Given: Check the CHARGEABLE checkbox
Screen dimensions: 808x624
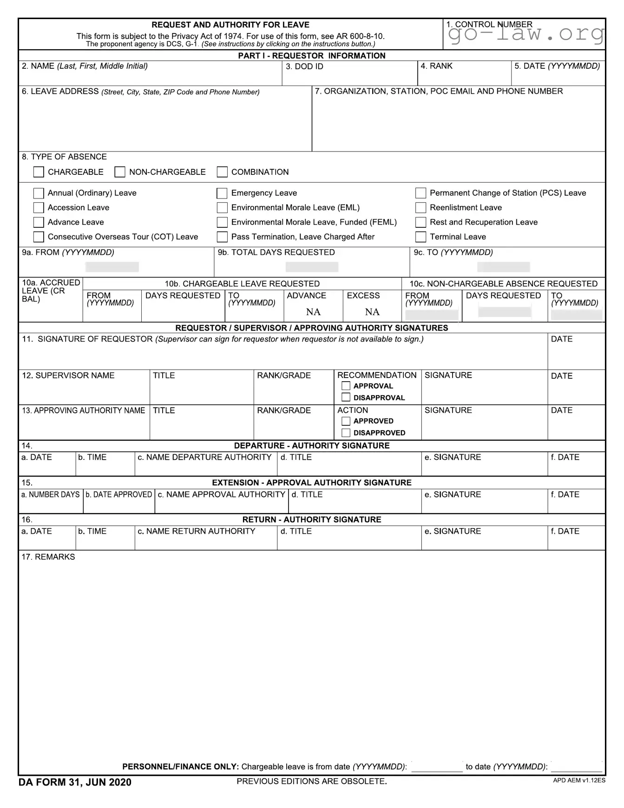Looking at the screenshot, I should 39,172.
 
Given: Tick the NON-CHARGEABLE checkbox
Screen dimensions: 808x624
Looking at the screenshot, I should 120,172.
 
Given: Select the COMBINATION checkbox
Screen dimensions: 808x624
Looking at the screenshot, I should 222,172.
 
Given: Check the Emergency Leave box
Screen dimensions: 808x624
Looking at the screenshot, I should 222,193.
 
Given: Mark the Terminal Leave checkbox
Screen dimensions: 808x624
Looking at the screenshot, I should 420,237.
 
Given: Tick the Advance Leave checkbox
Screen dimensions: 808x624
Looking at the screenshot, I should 39,222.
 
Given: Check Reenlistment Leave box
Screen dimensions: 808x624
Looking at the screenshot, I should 420,207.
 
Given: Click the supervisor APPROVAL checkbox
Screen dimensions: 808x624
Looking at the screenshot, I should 346,386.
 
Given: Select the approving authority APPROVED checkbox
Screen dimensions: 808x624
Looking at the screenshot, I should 346,421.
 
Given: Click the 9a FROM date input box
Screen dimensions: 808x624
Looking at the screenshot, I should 112,267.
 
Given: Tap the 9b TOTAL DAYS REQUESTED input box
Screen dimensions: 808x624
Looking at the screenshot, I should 312,267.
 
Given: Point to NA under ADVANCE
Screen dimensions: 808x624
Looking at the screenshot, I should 313,312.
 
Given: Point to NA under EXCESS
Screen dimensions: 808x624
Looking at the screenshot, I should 372,312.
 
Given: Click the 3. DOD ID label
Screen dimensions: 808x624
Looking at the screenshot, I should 304,66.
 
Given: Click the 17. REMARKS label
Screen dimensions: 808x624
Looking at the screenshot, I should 48,557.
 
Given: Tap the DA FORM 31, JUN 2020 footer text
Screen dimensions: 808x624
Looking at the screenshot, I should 75,782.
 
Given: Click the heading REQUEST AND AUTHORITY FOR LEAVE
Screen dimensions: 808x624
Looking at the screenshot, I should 230,25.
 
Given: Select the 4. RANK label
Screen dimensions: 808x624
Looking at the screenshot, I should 436,66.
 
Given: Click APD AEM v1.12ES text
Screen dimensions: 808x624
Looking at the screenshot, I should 579,781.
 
